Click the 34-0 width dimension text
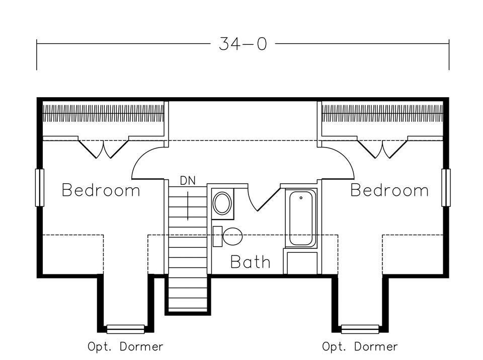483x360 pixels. pyautogui.click(x=243, y=44)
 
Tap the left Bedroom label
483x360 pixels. pyautogui.click(x=101, y=190)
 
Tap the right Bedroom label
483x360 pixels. pyautogui.click(x=389, y=190)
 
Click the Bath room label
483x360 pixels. pyautogui.click(x=250, y=262)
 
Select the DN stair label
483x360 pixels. pyautogui.click(x=187, y=180)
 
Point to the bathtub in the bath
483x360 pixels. pyautogui.click(x=301, y=219)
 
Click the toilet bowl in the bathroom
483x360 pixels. pyautogui.click(x=232, y=236)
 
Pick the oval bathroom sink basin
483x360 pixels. pyautogui.click(x=222, y=203)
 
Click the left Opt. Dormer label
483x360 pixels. pyautogui.click(x=125, y=346)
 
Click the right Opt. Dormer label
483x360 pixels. pyautogui.click(x=360, y=346)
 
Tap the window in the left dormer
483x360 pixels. pyautogui.click(x=125, y=329)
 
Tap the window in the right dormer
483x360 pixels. pyautogui.click(x=360, y=329)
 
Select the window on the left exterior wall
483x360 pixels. pyautogui.click(x=39, y=187)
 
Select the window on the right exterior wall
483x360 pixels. pyautogui.click(x=446, y=187)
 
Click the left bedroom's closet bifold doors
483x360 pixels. pyautogui.click(x=103, y=148)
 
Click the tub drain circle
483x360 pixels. pyautogui.click(x=301, y=198)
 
